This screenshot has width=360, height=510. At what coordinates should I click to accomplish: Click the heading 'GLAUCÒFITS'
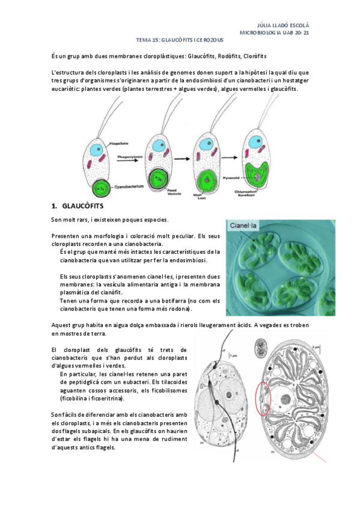87,206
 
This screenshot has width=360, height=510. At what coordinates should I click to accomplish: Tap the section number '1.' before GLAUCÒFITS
55,206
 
